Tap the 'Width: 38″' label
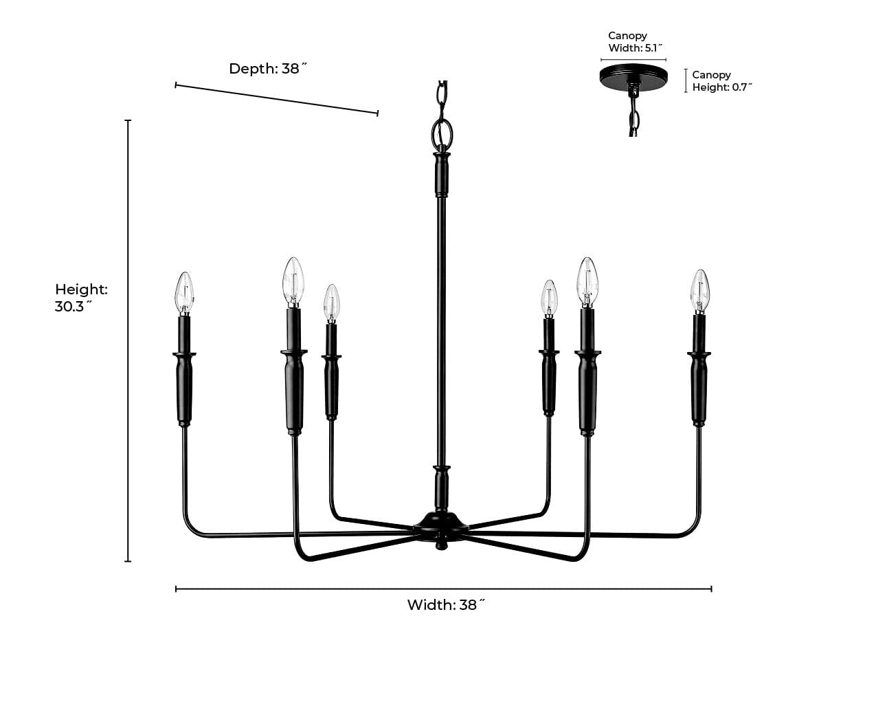[446, 605]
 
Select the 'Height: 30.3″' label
[81, 298]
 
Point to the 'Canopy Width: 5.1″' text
[635, 42]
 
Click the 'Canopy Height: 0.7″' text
[721, 81]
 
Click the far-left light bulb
[185, 292]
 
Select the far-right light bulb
[699, 290]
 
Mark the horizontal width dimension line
[443, 589]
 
